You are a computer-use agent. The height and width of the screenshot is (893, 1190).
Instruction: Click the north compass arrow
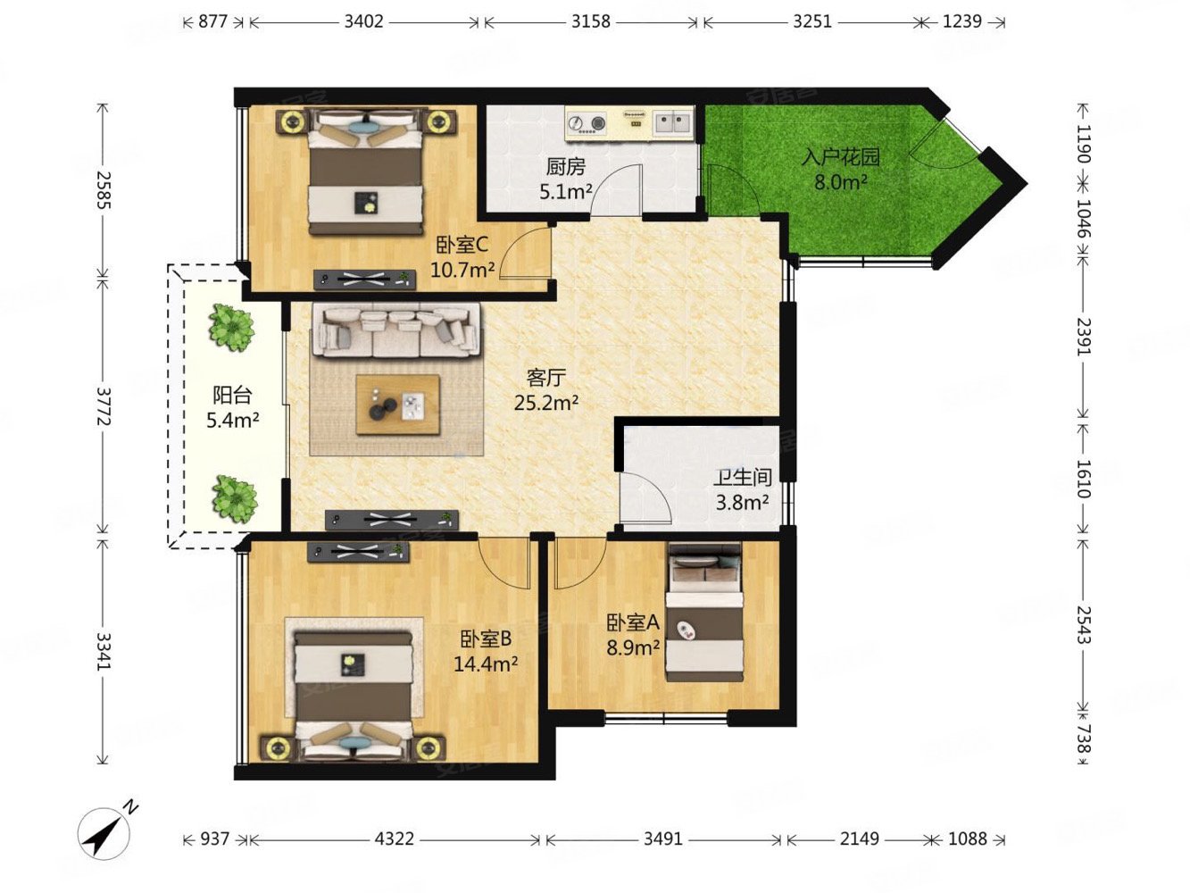click(104, 833)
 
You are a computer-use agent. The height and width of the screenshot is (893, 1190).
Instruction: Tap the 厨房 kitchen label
click(565, 166)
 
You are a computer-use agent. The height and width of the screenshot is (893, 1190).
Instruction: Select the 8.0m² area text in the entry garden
click(840, 182)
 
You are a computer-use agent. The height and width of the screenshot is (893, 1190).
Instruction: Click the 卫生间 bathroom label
click(742, 478)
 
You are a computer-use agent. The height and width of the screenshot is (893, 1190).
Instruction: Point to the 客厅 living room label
click(546, 378)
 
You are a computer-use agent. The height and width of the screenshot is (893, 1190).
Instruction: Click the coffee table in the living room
click(397, 404)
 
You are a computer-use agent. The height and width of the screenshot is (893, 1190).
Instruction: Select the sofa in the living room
click(396, 330)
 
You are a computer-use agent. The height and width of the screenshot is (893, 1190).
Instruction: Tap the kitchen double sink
click(673, 122)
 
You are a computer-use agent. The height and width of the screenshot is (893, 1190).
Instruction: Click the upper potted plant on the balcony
click(232, 328)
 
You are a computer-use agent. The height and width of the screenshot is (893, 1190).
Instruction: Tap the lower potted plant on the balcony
click(234, 499)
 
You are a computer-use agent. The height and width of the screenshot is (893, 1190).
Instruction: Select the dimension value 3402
click(363, 21)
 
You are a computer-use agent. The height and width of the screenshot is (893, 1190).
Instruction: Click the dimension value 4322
click(394, 839)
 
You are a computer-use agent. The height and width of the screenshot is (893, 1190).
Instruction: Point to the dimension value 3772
click(103, 406)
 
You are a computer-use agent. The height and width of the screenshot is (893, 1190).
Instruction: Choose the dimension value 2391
click(1083, 338)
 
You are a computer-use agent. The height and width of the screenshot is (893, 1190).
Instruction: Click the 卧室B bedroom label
click(486, 639)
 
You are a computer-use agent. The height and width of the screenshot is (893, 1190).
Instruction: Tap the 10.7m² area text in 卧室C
click(462, 269)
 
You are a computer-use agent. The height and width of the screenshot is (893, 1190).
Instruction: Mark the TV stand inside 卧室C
click(365, 280)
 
